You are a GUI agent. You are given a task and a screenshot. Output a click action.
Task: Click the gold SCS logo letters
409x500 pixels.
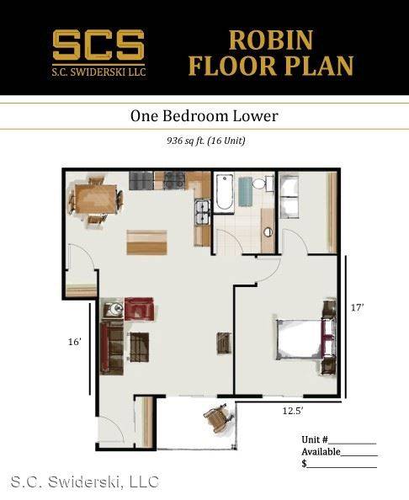(x=98, y=45)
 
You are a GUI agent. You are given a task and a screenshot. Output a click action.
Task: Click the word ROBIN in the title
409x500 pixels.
(x=271, y=40)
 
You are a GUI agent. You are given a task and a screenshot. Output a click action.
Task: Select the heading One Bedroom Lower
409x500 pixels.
(x=204, y=116)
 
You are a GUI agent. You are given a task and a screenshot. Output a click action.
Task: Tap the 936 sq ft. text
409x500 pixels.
(x=185, y=141)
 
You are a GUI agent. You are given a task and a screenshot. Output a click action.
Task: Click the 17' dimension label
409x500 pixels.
(x=357, y=308)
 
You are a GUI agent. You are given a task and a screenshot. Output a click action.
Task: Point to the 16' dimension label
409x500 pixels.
(x=75, y=342)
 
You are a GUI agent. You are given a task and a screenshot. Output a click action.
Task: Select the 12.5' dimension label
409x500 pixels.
(x=293, y=411)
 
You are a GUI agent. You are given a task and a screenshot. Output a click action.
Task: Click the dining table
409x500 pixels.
(x=96, y=199)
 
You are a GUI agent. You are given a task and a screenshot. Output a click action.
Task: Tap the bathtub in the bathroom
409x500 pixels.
(x=224, y=192)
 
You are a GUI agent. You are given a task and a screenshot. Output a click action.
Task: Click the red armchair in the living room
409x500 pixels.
(x=139, y=309)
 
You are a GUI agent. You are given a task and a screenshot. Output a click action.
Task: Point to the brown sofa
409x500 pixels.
(x=112, y=348)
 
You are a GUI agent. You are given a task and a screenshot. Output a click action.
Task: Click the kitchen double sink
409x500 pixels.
(x=203, y=213)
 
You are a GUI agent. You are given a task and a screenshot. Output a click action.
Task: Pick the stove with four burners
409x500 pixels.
(x=175, y=180)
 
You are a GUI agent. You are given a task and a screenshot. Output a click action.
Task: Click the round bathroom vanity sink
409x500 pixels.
(x=268, y=231)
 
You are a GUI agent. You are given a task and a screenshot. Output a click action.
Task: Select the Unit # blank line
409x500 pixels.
(x=353, y=444)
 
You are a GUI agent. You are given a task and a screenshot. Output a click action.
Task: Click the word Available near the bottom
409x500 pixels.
(x=321, y=452)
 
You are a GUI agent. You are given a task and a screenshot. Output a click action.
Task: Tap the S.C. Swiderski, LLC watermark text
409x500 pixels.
(x=85, y=481)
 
